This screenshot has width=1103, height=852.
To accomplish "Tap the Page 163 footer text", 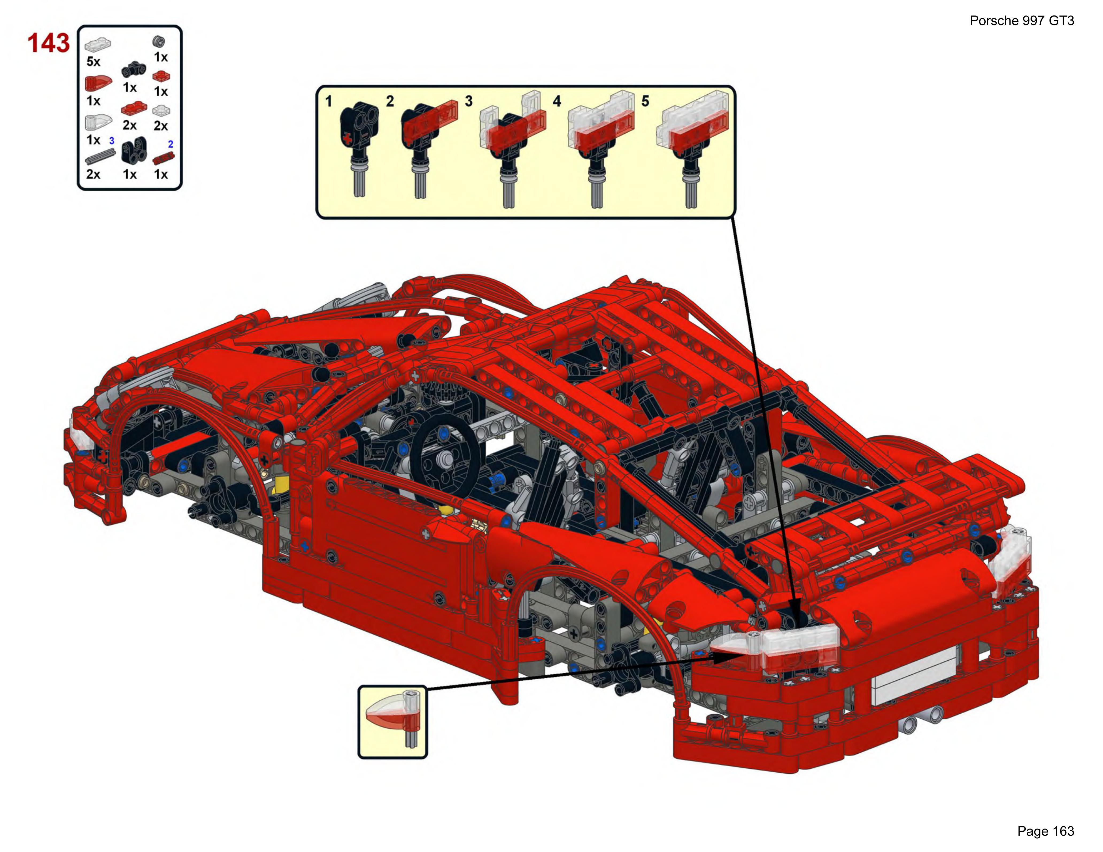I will pos(1046,831).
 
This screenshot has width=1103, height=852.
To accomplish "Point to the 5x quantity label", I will pos(94,62).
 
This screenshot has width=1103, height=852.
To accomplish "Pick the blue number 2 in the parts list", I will pos(171,144).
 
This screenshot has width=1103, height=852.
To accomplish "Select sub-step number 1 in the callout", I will pos(328,102).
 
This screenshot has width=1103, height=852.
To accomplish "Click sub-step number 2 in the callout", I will pos(390,102).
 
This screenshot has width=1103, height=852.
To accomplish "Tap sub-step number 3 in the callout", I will pos(469,102).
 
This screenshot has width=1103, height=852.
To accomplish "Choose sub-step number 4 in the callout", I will pos(557,102).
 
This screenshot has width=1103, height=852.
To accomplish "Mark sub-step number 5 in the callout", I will pos(645,102).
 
